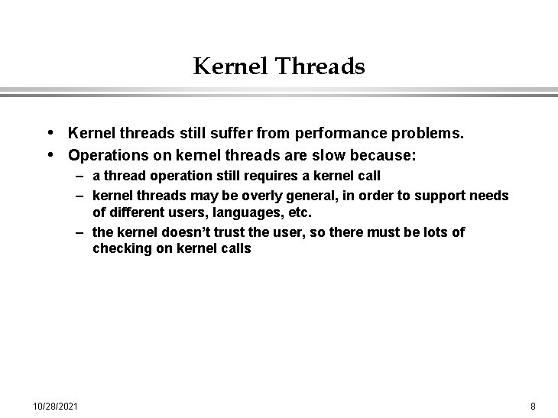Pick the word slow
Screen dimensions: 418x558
(319, 156)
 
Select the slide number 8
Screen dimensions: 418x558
(533, 404)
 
